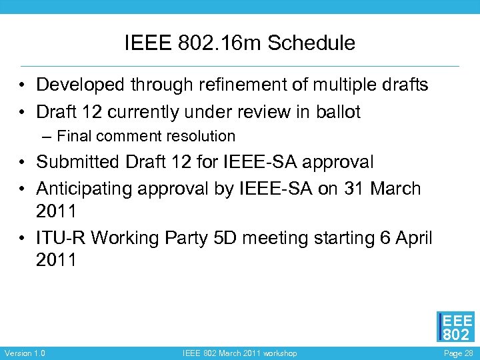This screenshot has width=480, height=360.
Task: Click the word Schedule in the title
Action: (315, 44)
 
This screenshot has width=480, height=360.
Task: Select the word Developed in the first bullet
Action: (83, 85)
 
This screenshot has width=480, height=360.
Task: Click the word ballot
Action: (338, 112)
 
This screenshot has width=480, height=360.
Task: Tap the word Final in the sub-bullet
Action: (75, 137)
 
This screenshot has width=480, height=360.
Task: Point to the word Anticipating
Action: (84, 189)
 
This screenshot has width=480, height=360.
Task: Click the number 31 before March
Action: (352, 189)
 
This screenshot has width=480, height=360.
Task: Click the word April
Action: (413, 237)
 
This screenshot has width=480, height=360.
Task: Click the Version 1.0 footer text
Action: (25, 353)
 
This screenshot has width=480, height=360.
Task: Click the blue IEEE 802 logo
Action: (456, 327)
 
